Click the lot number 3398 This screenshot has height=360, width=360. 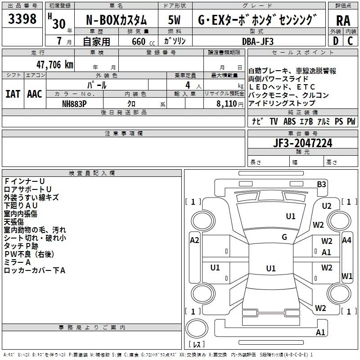coord(22,19)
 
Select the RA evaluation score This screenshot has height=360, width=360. coord(343,20)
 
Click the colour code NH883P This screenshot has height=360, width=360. coord(75,103)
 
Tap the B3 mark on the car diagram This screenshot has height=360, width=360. coord(321,184)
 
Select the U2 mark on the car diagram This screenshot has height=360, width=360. coord(327,206)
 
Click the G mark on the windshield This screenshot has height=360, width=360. coord(284,237)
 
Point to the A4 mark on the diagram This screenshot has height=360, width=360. coord(346,240)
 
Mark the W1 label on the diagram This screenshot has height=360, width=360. coord(347,275)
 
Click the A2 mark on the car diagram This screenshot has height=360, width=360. coord(194,240)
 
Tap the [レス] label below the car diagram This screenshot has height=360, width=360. coord(197,345)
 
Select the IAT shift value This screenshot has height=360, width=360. coord(13,94)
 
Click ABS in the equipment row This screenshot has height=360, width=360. coord(289,121)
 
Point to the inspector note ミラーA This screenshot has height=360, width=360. coord(17,262)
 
